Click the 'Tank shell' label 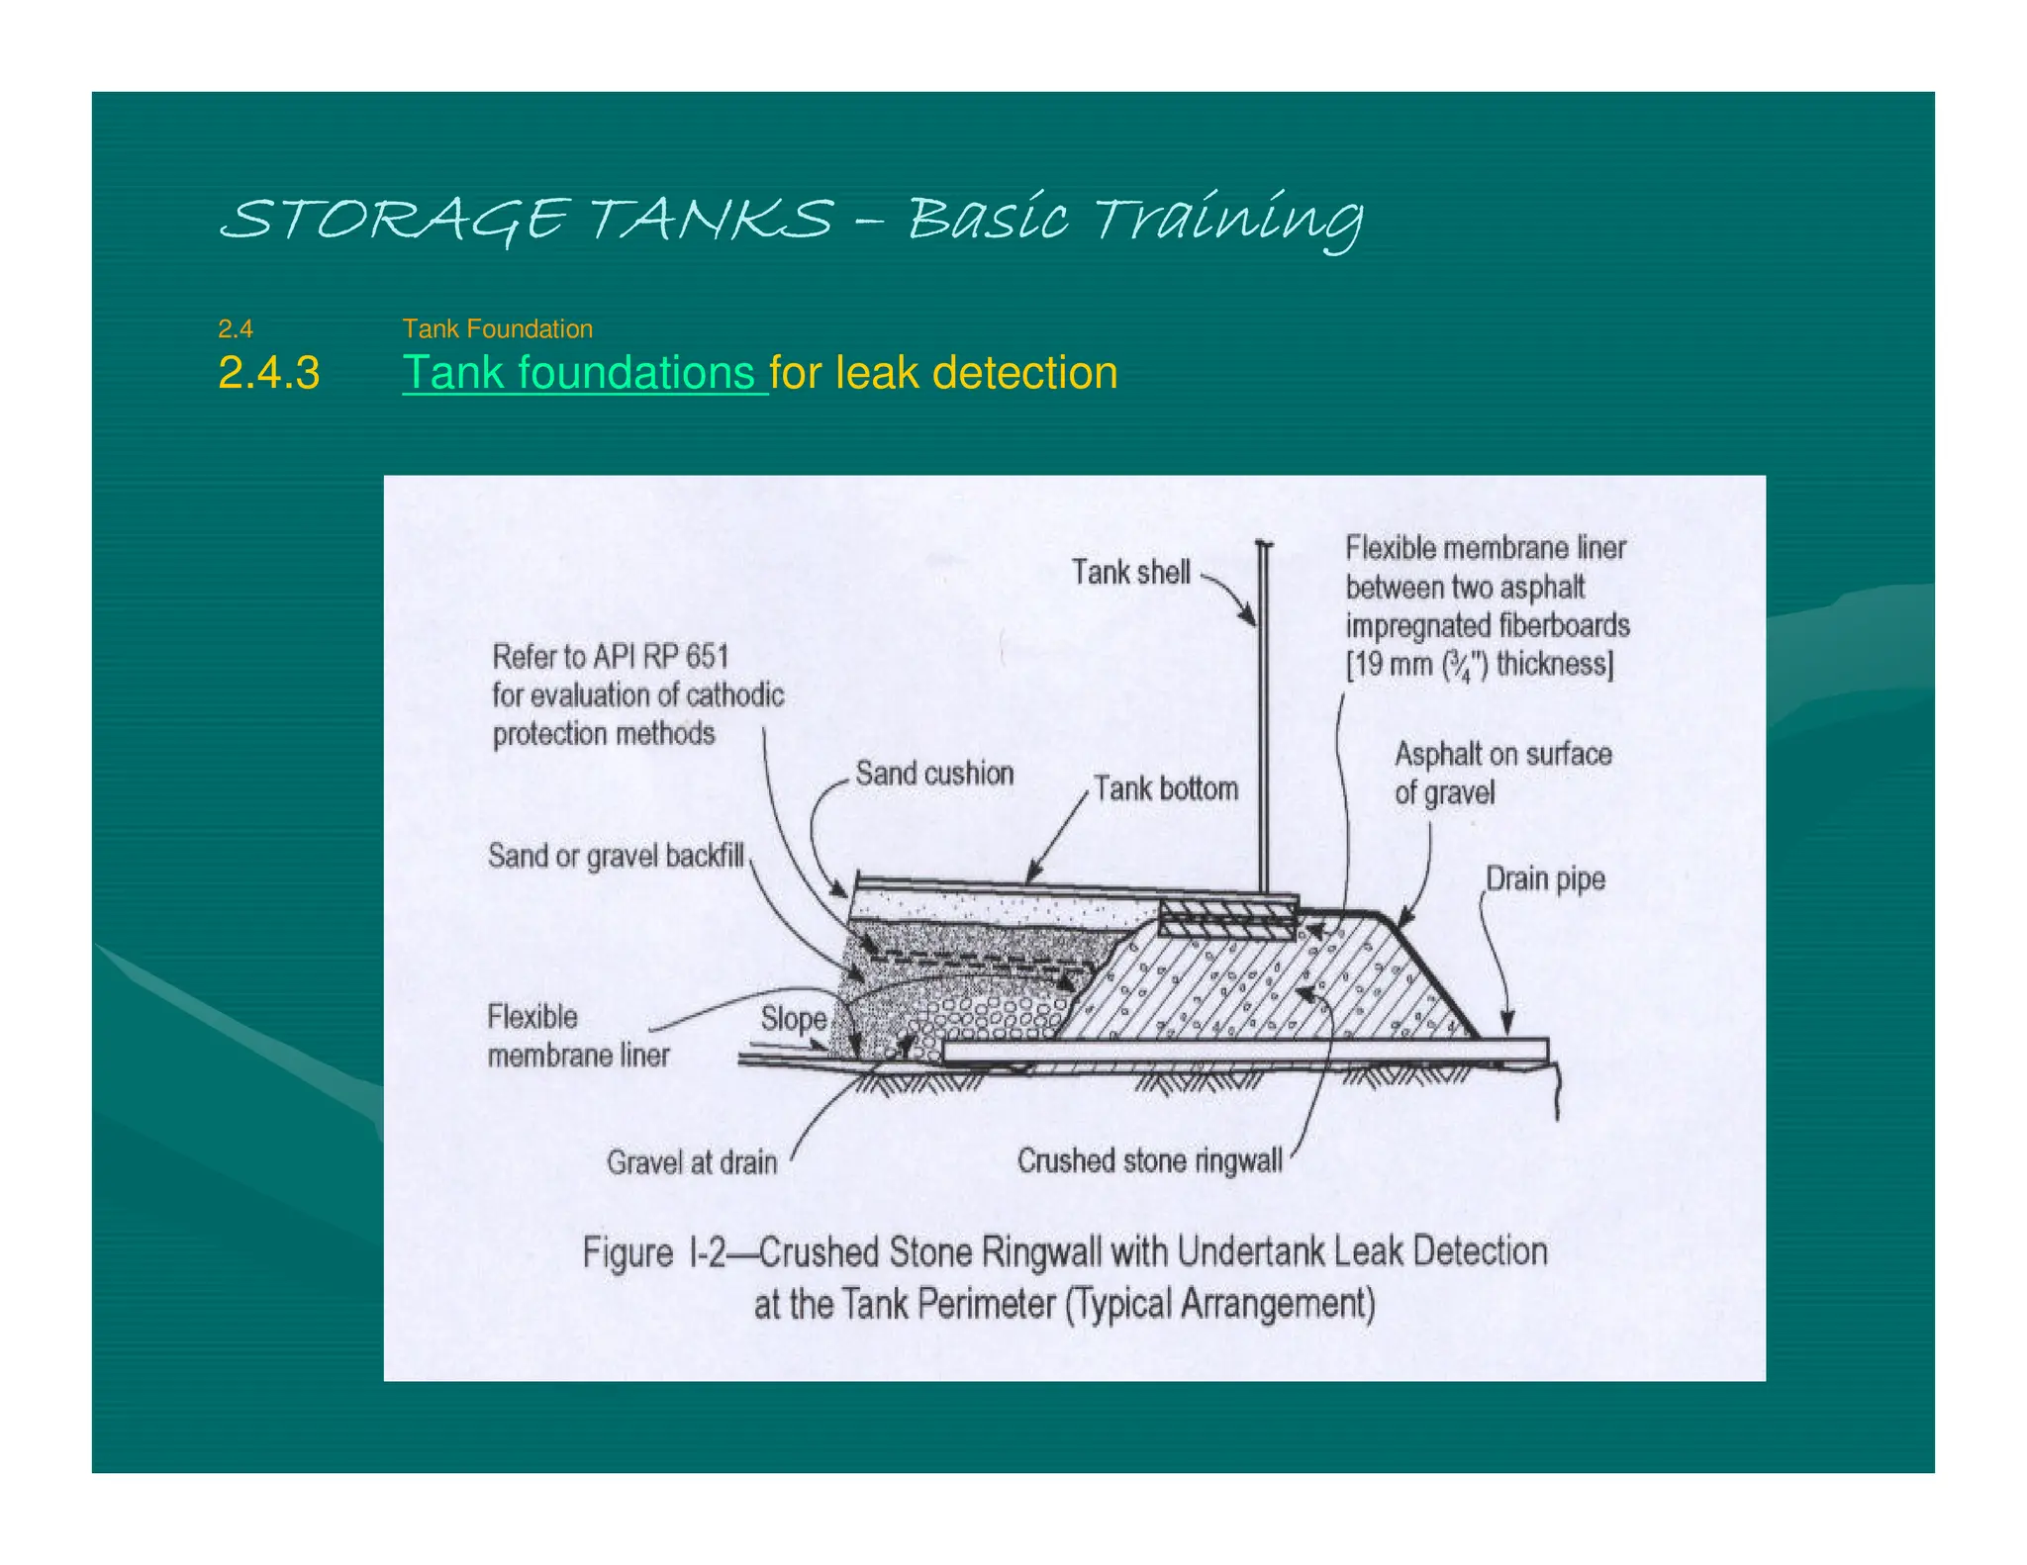(1130, 573)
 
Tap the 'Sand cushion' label (934, 774)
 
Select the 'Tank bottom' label (1165, 789)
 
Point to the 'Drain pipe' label (1544, 878)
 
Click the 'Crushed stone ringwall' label (1149, 1160)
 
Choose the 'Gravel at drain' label (692, 1162)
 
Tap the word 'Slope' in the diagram (793, 1019)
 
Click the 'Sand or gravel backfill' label (616, 856)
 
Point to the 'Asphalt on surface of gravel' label (1501, 773)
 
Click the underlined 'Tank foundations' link (584, 374)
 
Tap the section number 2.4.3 (268, 374)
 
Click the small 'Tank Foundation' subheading (497, 328)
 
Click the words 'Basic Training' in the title (1134, 219)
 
